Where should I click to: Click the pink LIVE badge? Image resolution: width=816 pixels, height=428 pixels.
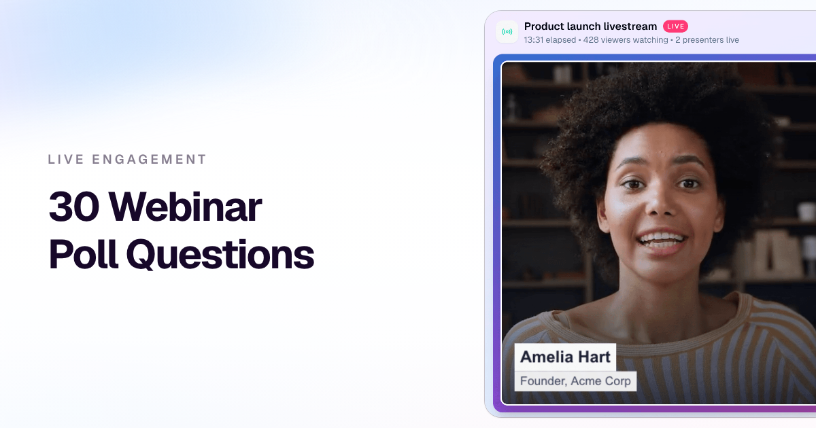pyautogui.click(x=675, y=26)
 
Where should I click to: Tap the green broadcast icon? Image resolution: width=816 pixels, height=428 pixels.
pyautogui.click(x=507, y=32)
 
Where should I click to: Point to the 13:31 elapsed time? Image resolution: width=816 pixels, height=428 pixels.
pyautogui.click(x=549, y=40)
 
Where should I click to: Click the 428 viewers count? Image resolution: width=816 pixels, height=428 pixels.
pyautogui.click(x=626, y=40)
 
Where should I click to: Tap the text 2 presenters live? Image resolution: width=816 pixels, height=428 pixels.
pyautogui.click(x=707, y=40)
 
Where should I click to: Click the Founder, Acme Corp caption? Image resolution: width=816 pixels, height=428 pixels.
pyautogui.click(x=575, y=381)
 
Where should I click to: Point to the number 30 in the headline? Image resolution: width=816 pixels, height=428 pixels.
pyautogui.click(x=74, y=207)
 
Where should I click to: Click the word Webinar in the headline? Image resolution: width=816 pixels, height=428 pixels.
pyautogui.click(x=186, y=206)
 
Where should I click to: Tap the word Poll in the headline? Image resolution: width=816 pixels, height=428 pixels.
pyautogui.click(x=84, y=253)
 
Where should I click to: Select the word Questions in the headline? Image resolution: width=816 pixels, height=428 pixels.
pyautogui.click(x=220, y=254)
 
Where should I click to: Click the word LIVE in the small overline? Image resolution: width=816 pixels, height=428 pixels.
pyautogui.click(x=66, y=160)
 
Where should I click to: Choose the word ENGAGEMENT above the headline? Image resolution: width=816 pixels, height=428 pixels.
pyautogui.click(x=149, y=160)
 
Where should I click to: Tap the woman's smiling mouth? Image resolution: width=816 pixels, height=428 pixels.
pyautogui.click(x=662, y=241)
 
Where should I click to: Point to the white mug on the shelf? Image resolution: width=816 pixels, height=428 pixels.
pyautogui.click(x=805, y=212)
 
